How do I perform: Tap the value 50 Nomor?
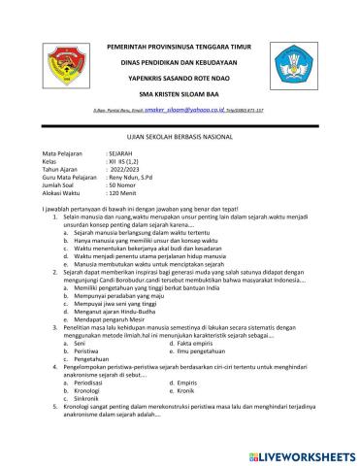pos(127,186)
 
